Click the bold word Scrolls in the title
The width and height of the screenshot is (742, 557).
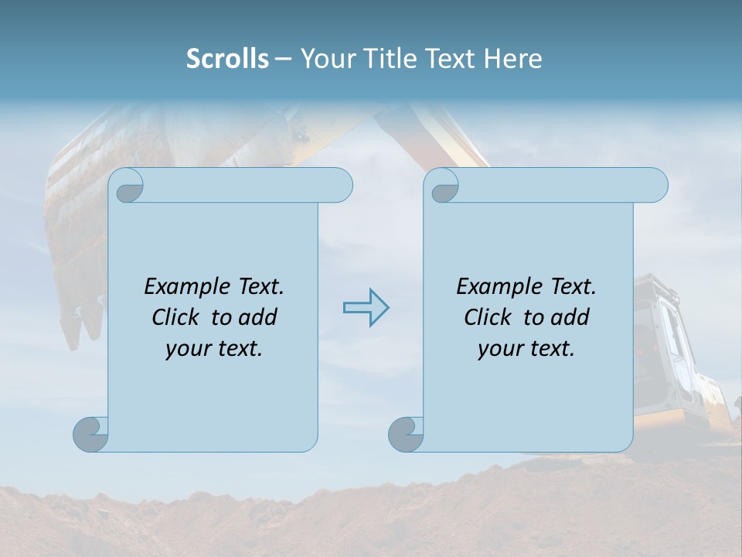pyautogui.click(x=227, y=59)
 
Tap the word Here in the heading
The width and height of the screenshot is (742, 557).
pyautogui.click(x=512, y=59)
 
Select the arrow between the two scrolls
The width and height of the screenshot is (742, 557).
pyautogui.click(x=366, y=308)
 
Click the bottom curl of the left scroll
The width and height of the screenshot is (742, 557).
pyautogui.click(x=90, y=434)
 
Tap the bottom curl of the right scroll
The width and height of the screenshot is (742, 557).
pyautogui.click(x=406, y=434)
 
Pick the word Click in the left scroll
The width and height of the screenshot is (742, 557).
pyautogui.click(x=177, y=317)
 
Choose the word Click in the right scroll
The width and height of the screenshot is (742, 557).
pyautogui.click(x=488, y=317)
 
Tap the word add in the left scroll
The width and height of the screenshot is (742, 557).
pyautogui.click(x=258, y=317)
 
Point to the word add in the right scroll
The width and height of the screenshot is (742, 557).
pyautogui.click(x=570, y=317)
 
